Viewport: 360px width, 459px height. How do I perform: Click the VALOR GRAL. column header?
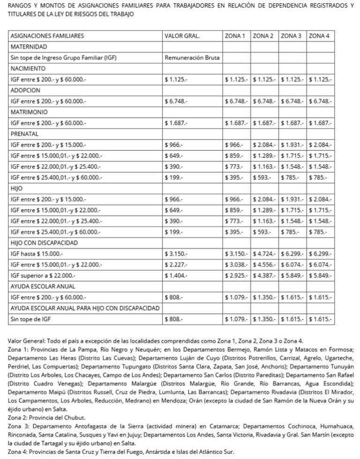[182, 36]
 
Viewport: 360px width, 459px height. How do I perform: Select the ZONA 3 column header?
[292, 36]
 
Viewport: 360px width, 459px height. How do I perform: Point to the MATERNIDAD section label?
[29, 47]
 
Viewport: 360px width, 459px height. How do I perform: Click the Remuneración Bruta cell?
[192, 58]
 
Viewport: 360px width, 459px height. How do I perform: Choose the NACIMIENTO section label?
[30, 68]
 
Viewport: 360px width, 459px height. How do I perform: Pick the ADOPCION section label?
[27, 90]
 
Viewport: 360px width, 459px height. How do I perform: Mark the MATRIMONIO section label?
[30, 112]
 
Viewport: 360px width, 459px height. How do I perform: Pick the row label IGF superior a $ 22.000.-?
[42, 276]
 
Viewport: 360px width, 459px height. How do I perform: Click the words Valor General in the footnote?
[27, 341]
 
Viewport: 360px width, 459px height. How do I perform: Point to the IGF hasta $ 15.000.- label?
[36, 254]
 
